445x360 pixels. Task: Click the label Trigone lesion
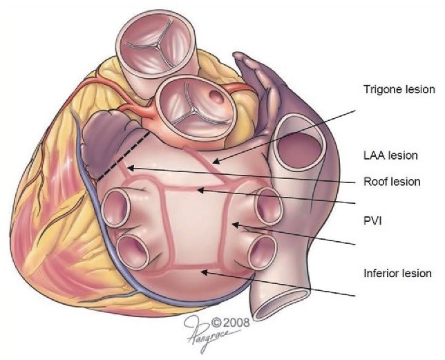pos(399,89)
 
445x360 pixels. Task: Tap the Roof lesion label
pos(392,182)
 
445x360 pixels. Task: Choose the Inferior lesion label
pos(397,273)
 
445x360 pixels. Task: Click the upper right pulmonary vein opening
pos(268,205)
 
